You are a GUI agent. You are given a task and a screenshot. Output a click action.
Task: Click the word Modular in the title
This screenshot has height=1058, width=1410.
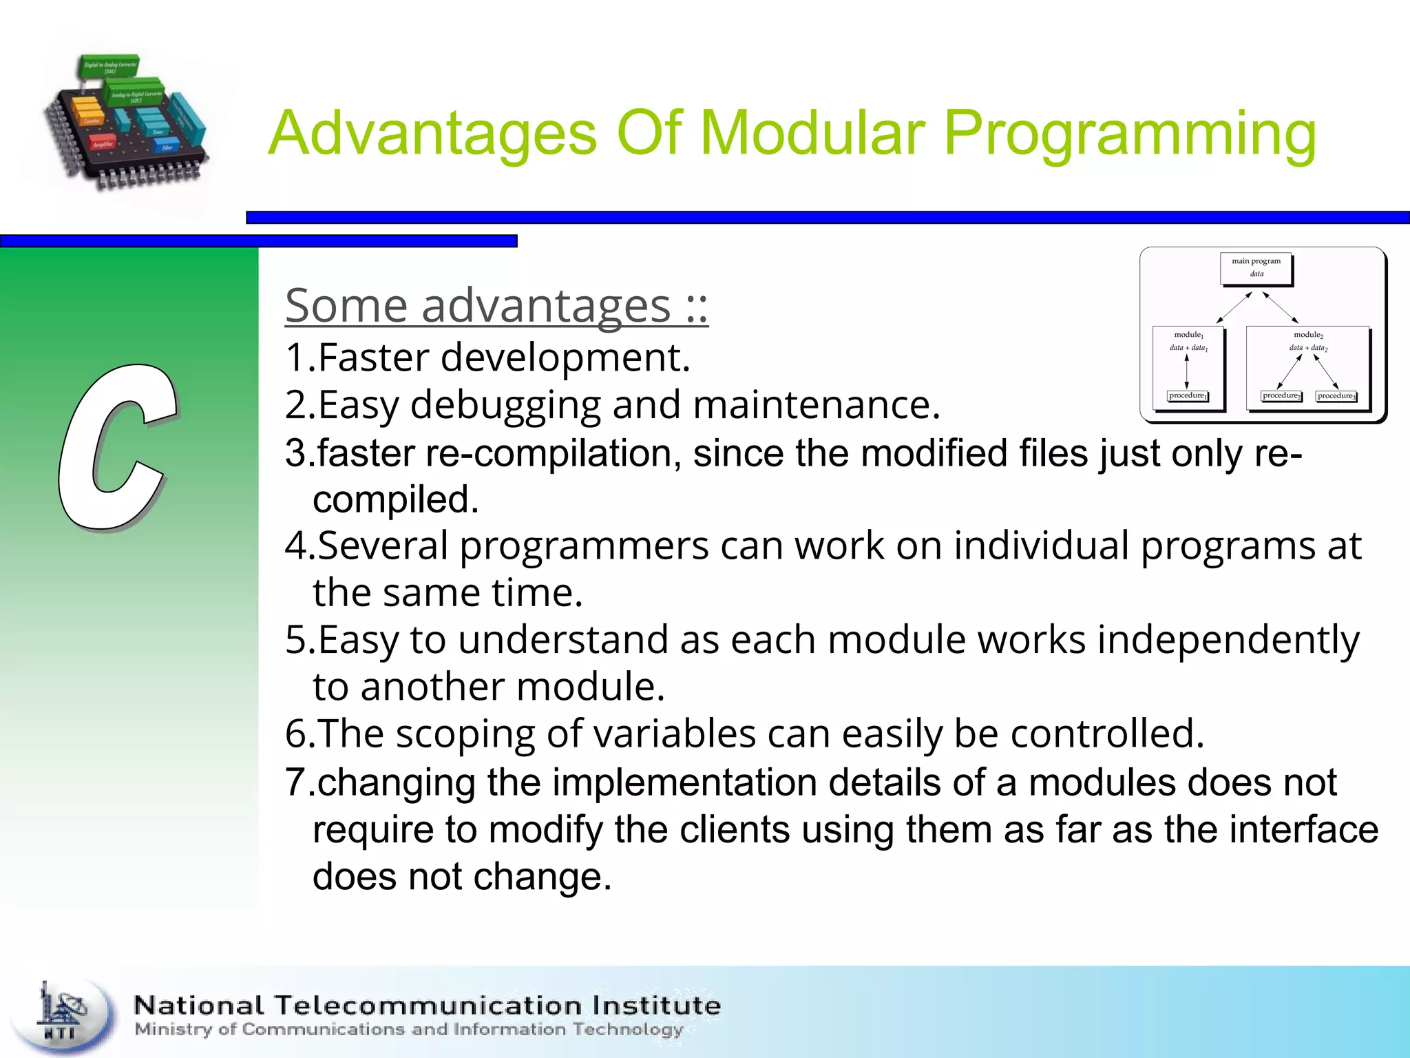click(812, 133)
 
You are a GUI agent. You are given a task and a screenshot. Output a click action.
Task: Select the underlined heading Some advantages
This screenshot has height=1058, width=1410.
click(496, 305)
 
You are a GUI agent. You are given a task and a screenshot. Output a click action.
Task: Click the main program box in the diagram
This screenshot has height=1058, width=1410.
click(1256, 268)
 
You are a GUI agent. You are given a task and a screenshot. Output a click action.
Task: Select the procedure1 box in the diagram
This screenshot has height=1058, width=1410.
click(1188, 396)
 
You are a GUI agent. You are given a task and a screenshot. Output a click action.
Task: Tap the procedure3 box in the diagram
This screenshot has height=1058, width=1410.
click(1336, 396)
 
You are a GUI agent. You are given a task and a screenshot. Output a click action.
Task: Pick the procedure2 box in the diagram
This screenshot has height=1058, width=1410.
click(1281, 396)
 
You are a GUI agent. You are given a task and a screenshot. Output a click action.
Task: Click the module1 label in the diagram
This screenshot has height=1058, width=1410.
click(1188, 335)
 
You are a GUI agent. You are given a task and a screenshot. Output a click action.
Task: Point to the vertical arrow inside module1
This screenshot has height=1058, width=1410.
click(1187, 372)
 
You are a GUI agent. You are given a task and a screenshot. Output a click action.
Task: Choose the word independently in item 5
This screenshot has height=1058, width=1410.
click(1228, 640)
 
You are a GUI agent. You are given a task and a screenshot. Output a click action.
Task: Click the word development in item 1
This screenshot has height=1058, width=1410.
click(565, 358)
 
